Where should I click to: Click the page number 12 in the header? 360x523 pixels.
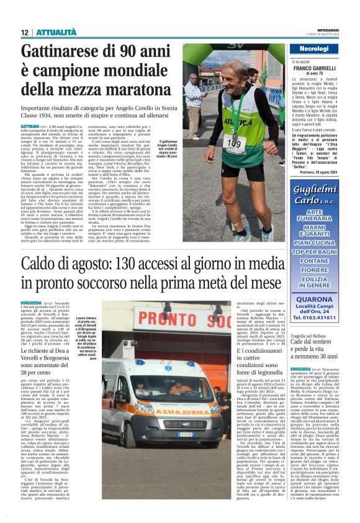[25, 32]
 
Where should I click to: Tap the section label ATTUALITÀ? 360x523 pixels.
[56, 32]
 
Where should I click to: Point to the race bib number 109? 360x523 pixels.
[233, 143]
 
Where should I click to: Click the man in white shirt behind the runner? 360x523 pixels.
[194, 99]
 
